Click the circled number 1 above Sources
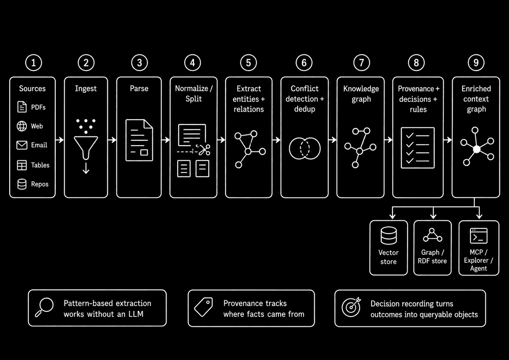pyautogui.click(x=33, y=63)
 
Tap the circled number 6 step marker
pyautogui.click(x=304, y=63)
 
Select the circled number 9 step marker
pyautogui.click(x=476, y=63)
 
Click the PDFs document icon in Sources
pyautogui.click(x=22, y=107)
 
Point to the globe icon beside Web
pyautogui.click(x=22, y=126)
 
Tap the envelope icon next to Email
pyautogui.click(x=22, y=145)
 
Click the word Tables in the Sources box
pyautogui.click(x=40, y=165)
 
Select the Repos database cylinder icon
pyautogui.click(x=22, y=184)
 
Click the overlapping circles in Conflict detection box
pyautogui.click(x=305, y=148)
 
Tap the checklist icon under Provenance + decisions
pyautogui.click(x=418, y=148)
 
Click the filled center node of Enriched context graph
pyautogui.click(x=477, y=149)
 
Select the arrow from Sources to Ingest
pyautogui.click(x=59, y=140)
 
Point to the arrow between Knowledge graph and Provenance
pyautogui.click(x=388, y=140)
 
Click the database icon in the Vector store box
pyautogui.click(x=388, y=235)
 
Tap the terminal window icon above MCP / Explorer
pyautogui.click(x=479, y=236)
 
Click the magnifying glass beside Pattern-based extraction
pyautogui.click(x=44, y=307)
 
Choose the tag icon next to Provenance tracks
pyautogui.click(x=203, y=307)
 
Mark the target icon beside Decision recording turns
pyautogui.click(x=351, y=307)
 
